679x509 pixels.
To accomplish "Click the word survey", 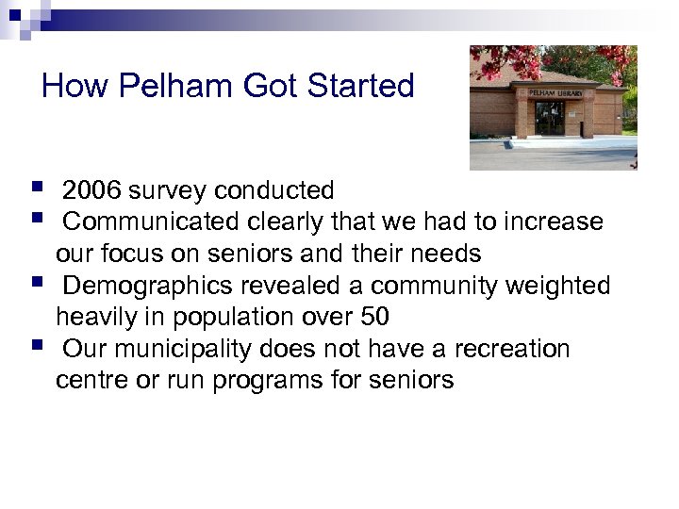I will point(169,191).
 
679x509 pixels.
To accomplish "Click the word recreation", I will point(512,350).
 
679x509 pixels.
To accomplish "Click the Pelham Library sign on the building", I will point(555,93).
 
